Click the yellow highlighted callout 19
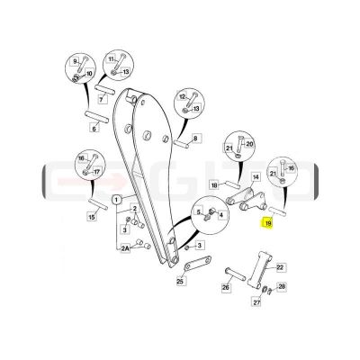click(x=267, y=223)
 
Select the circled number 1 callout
click(x=117, y=199)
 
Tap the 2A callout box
click(x=125, y=248)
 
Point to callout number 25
click(x=180, y=282)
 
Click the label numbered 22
click(x=280, y=267)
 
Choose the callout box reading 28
click(x=282, y=287)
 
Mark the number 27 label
click(x=256, y=302)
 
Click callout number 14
click(x=256, y=177)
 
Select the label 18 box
click(x=214, y=185)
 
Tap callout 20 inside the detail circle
click(x=249, y=144)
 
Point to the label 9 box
click(x=75, y=62)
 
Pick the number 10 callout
click(x=89, y=73)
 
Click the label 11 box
click(x=112, y=59)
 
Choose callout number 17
click(x=96, y=172)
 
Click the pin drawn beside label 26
click(x=236, y=273)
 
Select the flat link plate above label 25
click(x=198, y=263)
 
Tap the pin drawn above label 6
click(x=96, y=116)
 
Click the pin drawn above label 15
click(x=98, y=203)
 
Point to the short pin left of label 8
click(x=182, y=142)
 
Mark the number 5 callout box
click(x=198, y=212)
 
